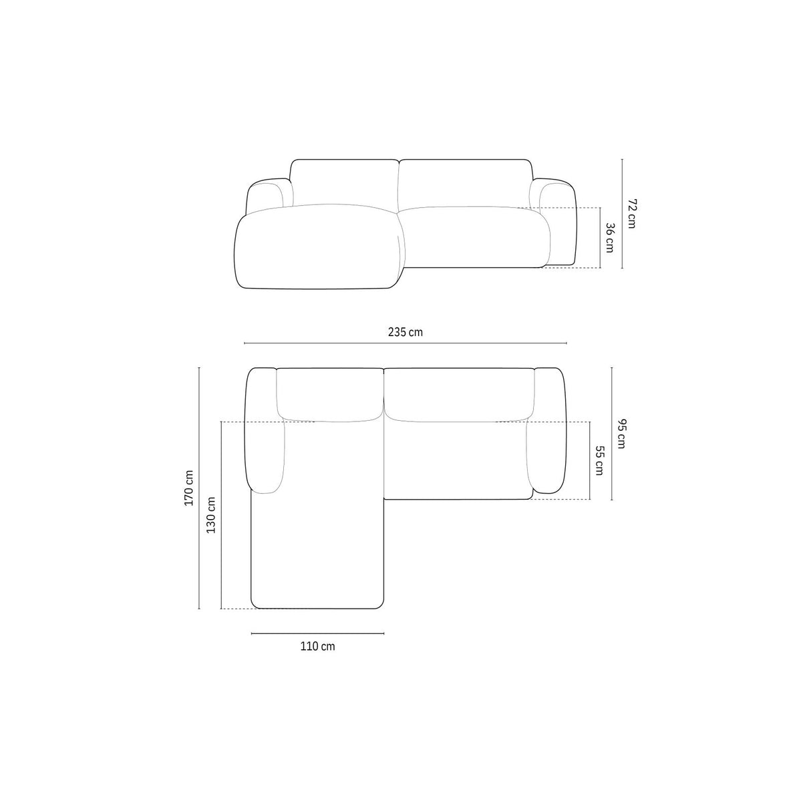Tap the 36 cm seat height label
(x=609, y=237)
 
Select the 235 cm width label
(x=405, y=332)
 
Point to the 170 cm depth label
(x=189, y=488)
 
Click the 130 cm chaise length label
(x=211, y=515)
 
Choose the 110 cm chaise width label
(x=317, y=646)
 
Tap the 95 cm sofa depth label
(x=621, y=434)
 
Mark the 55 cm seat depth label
(x=599, y=461)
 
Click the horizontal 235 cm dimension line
(x=405, y=343)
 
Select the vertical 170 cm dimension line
(x=199, y=488)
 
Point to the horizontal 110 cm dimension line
(x=317, y=633)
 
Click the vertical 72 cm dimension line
(x=622, y=213)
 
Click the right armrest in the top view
(x=549, y=434)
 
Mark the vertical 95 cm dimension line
(x=612, y=434)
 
